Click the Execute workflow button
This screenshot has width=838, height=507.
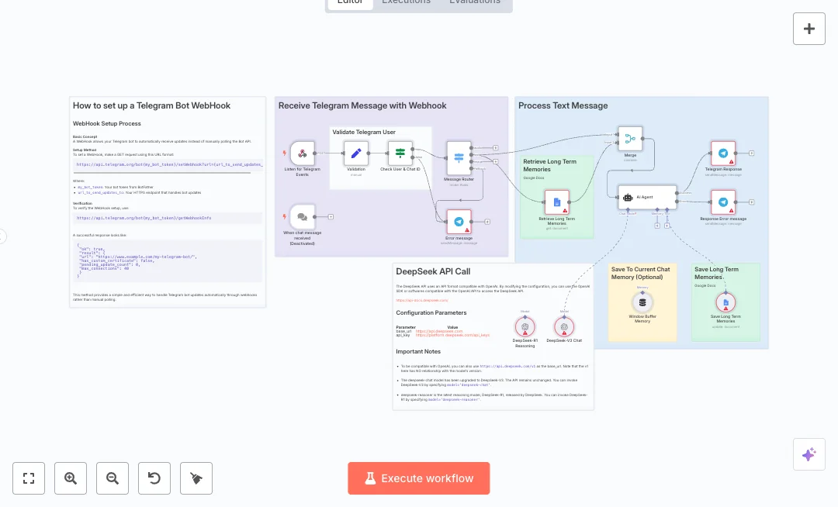coord(419,478)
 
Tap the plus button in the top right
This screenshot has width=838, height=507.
coord(809,29)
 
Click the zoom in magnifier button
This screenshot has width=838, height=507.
coord(71,478)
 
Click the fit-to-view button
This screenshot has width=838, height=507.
coord(29,478)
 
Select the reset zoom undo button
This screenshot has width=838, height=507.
coord(154,478)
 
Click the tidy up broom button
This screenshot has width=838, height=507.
coord(196,478)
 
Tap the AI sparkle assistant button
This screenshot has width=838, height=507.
coord(809,454)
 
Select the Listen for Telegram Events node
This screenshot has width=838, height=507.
coord(302,153)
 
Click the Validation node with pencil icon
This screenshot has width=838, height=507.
coord(356,153)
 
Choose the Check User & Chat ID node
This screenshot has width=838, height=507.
coord(400,153)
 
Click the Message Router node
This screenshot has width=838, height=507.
coord(459,158)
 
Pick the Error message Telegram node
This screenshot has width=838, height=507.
coord(459,222)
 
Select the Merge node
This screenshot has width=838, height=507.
coord(630,140)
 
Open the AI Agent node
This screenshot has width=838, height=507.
coord(647,197)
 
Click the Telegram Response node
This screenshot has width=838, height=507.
coord(723,153)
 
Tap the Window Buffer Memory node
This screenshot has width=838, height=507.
coord(642,302)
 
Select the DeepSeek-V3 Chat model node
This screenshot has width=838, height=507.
coord(564,326)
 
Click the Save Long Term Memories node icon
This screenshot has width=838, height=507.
coord(725,302)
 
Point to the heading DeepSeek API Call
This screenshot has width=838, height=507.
coord(433,271)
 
